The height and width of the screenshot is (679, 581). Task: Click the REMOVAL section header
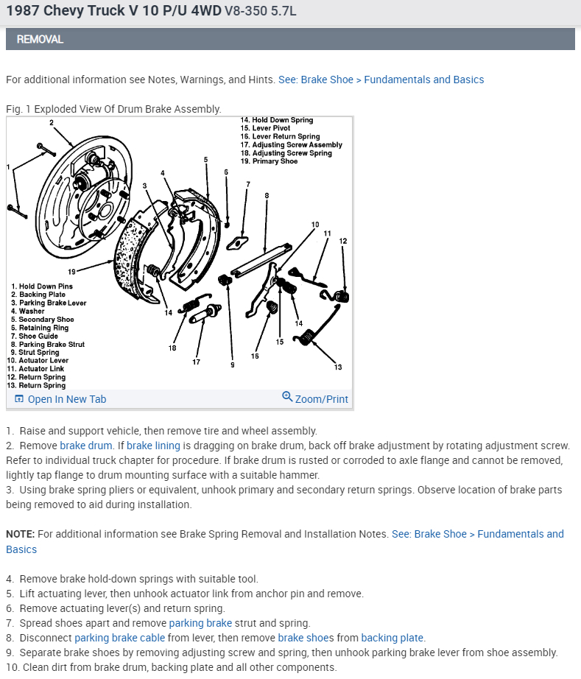click(x=40, y=39)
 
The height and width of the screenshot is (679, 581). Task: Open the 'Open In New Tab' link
click(x=66, y=399)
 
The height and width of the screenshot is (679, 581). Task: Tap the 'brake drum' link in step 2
click(x=85, y=446)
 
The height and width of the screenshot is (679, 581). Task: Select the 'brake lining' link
click(x=151, y=446)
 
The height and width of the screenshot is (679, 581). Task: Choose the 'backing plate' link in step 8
click(x=392, y=638)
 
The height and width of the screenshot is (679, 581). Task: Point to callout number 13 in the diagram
click(x=338, y=366)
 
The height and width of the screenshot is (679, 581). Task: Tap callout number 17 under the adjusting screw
click(x=197, y=362)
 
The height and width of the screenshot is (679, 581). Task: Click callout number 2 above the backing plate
click(x=52, y=122)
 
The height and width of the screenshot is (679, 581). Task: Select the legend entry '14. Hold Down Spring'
click(x=276, y=120)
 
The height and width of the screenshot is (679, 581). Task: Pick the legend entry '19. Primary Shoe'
click(x=269, y=161)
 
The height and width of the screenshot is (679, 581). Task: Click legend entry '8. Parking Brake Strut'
click(x=48, y=344)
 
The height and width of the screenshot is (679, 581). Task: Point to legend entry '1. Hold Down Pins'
click(x=41, y=286)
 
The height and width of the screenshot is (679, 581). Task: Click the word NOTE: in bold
click(x=20, y=534)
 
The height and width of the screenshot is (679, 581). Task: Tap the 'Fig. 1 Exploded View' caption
click(x=113, y=109)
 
